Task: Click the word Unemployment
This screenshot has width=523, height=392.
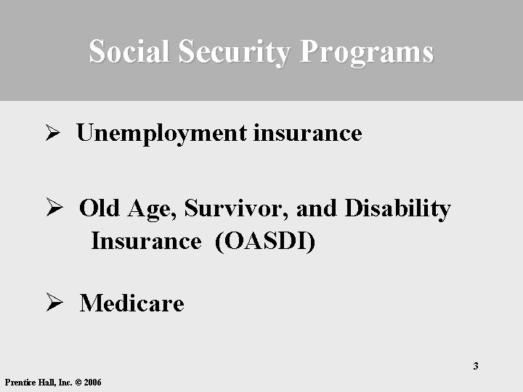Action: click(x=161, y=134)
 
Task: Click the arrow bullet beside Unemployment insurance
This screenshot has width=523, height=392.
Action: click(x=51, y=134)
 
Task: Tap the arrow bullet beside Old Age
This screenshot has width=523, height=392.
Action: click(x=51, y=209)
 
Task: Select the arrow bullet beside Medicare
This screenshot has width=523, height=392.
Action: click(x=51, y=303)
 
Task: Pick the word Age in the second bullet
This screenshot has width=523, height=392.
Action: click(x=153, y=210)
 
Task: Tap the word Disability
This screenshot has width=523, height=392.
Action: click(x=397, y=209)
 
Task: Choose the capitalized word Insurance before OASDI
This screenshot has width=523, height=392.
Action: click(x=145, y=240)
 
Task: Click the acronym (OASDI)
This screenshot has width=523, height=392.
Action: click(x=265, y=241)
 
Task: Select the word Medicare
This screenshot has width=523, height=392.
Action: click(x=132, y=303)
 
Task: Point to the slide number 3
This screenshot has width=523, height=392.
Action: click(x=476, y=365)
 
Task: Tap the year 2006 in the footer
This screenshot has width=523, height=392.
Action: click(x=92, y=383)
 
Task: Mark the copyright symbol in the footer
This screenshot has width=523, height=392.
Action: click(x=77, y=383)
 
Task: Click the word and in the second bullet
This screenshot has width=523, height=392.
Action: click(x=317, y=208)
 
